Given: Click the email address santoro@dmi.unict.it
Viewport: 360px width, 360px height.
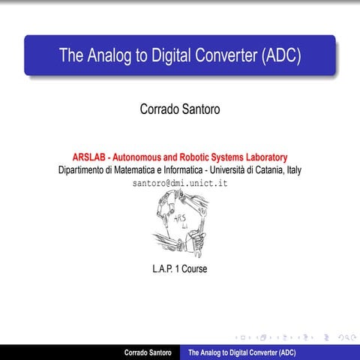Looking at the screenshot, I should [x=180, y=183].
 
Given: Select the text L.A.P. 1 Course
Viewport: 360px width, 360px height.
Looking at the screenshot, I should [x=179, y=268].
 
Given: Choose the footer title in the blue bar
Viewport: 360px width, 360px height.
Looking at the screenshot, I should [x=241, y=352].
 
